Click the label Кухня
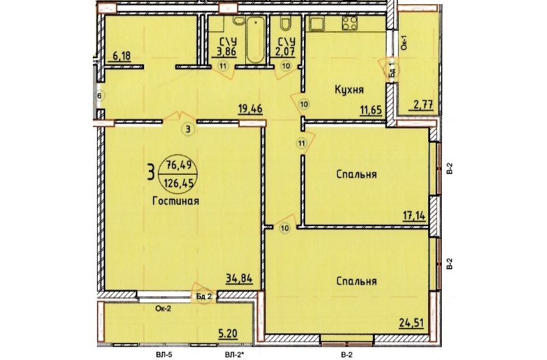click(349, 89)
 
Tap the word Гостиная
click(176, 201)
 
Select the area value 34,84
click(239, 279)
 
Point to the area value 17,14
click(415, 216)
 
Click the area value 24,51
click(412, 322)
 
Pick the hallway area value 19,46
click(250, 109)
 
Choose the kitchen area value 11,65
click(371, 111)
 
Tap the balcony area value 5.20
click(227, 334)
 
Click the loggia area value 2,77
click(424, 105)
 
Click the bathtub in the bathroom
click(255, 40)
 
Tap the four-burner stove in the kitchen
click(350, 23)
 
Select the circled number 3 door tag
click(188, 130)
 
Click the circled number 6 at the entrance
click(100, 96)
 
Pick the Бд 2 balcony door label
click(204, 297)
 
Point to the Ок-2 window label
click(163, 308)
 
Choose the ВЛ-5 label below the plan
click(164, 355)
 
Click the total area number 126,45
click(178, 183)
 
